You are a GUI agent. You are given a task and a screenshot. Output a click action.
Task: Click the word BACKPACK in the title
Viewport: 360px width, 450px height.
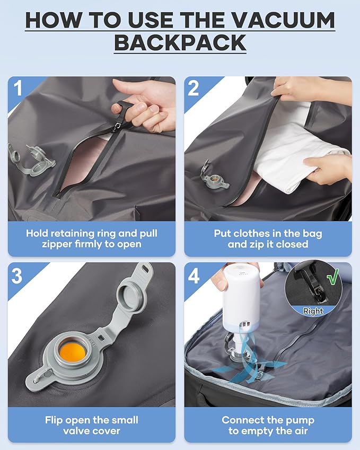point(180,42)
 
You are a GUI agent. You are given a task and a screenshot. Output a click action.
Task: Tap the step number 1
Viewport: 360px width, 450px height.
point(18,88)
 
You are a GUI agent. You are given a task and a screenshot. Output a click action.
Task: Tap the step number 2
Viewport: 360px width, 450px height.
point(193,88)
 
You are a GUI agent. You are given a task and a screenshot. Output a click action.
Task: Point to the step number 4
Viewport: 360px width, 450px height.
point(194,276)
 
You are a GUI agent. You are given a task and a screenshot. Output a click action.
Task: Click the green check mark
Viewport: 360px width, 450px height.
point(333,277)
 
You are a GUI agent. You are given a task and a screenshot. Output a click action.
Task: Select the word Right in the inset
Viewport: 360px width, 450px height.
point(313,311)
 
